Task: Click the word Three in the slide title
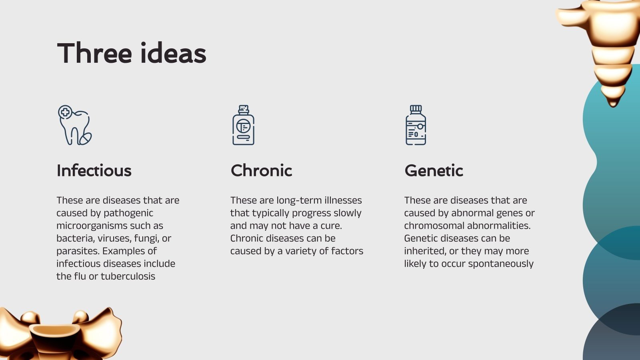click(x=94, y=53)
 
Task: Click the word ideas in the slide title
click(x=173, y=53)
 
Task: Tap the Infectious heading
click(x=94, y=170)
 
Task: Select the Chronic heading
click(x=261, y=170)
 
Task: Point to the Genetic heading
click(x=434, y=170)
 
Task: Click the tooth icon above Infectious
click(x=75, y=125)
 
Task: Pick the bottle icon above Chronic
click(x=243, y=125)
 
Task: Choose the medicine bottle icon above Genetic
click(x=416, y=125)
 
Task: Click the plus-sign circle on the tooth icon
click(x=65, y=112)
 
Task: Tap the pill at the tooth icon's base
click(x=85, y=138)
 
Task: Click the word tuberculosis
click(x=128, y=276)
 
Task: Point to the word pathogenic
click(x=128, y=213)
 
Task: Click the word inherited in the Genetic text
click(x=425, y=251)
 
